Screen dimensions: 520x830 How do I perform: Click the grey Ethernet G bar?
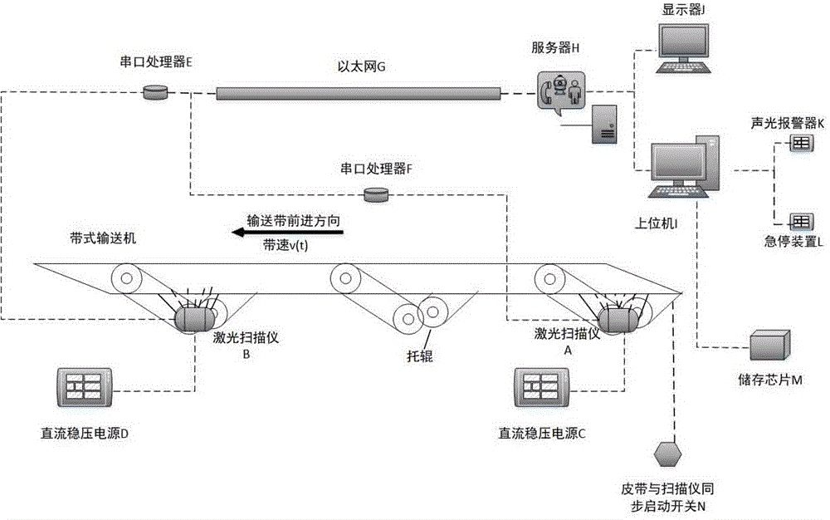click(x=359, y=93)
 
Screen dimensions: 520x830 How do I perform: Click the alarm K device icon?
click(x=799, y=144)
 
